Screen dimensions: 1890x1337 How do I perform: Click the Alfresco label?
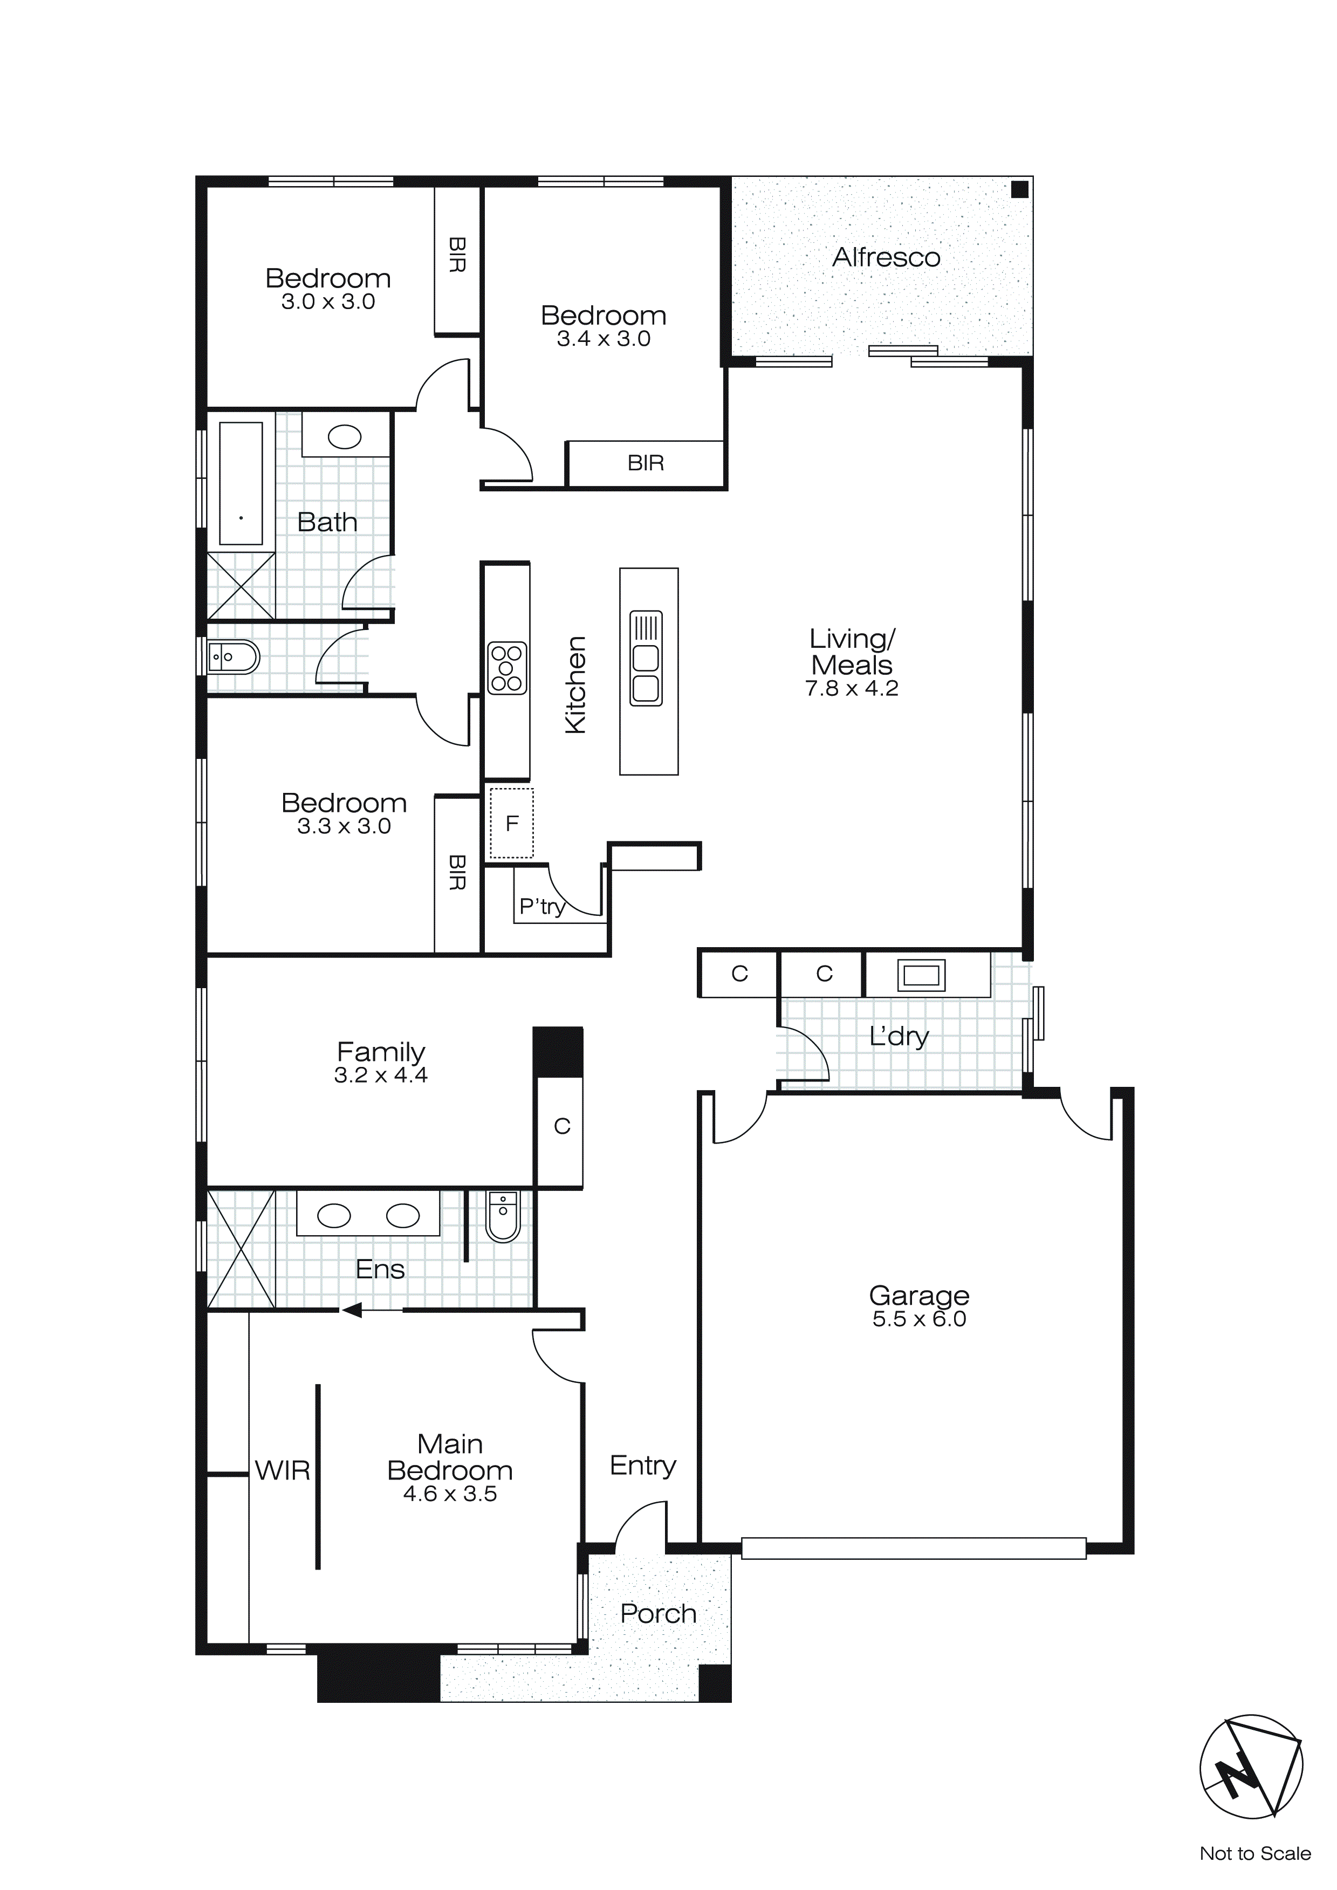pos(886,258)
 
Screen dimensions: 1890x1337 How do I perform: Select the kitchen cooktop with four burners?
pos(506,668)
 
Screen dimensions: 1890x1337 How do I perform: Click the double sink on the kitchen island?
pos(646,659)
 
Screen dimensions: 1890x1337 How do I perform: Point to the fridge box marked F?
pos(511,823)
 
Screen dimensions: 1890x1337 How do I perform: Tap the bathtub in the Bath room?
pos(241,483)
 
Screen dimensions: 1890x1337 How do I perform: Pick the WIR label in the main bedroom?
pos(283,1470)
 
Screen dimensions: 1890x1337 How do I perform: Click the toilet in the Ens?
pos(503,1217)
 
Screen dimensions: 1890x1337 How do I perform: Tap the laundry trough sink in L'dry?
pos(921,975)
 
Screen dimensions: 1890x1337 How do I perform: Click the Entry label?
pos(643,1466)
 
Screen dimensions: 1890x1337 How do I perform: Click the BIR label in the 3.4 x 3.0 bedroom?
pos(646,463)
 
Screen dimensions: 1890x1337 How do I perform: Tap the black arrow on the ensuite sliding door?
pos(352,1310)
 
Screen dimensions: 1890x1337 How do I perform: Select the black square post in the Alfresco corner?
pos(1019,189)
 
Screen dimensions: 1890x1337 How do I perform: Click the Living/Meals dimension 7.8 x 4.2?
pos(851,688)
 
